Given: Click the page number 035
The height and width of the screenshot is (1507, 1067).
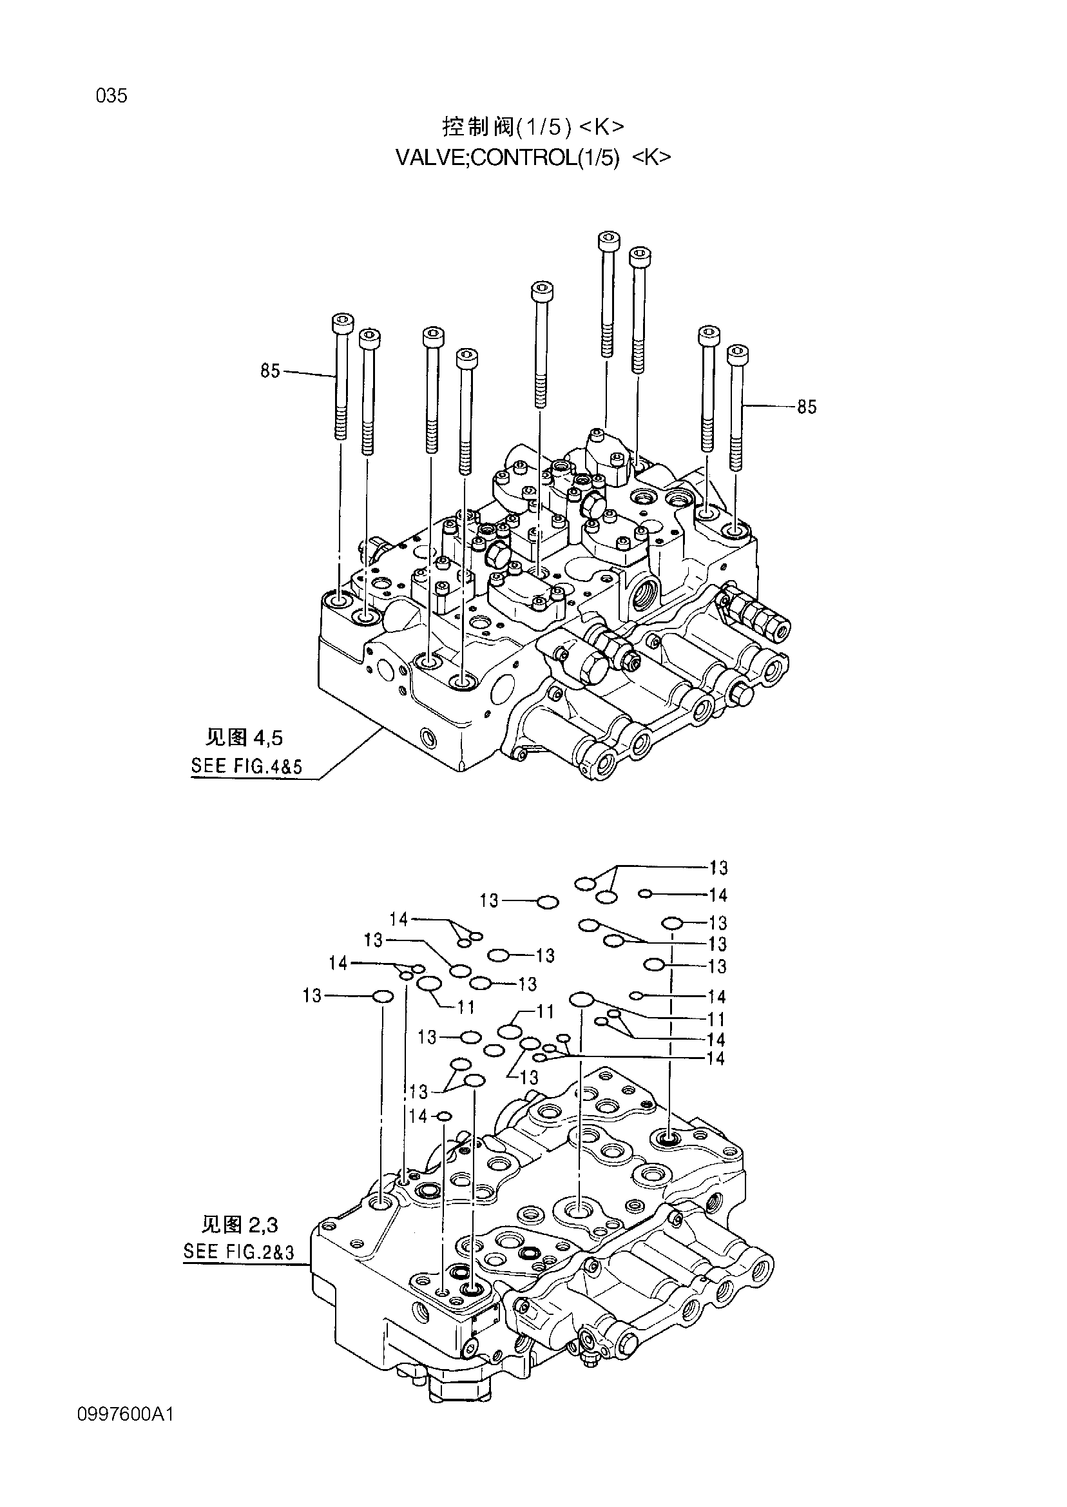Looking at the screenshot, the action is pyautogui.click(x=111, y=96).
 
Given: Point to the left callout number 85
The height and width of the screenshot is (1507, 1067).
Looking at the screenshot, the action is pyautogui.click(x=270, y=371).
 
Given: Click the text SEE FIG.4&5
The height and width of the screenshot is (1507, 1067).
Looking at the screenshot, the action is pyautogui.click(x=245, y=766).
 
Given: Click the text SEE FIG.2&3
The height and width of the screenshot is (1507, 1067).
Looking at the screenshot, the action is pyautogui.click(x=238, y=1251).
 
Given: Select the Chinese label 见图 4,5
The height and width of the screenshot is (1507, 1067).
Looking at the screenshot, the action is pyautogui.click(x=244, y=738).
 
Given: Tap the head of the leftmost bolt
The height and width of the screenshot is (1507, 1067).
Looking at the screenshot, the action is pyautogui.click(x=343, y=324).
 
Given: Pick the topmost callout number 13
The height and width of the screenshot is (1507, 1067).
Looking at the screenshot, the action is pyautogui.click(x=718, y=868).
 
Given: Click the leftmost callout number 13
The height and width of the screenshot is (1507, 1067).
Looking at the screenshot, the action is pyautogui.click(x=312, y=997).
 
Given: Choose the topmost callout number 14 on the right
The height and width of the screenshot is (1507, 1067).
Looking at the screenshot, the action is pyautogui.click(x=718, y=895).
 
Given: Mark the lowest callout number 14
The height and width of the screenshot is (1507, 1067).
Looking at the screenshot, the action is pyautogui.click(x=419, y=1116).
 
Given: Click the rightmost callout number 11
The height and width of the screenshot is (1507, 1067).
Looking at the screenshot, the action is pyautogui.click(x=716, y=1020).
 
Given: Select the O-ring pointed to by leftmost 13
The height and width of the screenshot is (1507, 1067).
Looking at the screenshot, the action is pyautogui.click(x=383, y=998).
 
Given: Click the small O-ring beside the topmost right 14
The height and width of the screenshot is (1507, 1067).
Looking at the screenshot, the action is pyautogui.click(x=644, y=893).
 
